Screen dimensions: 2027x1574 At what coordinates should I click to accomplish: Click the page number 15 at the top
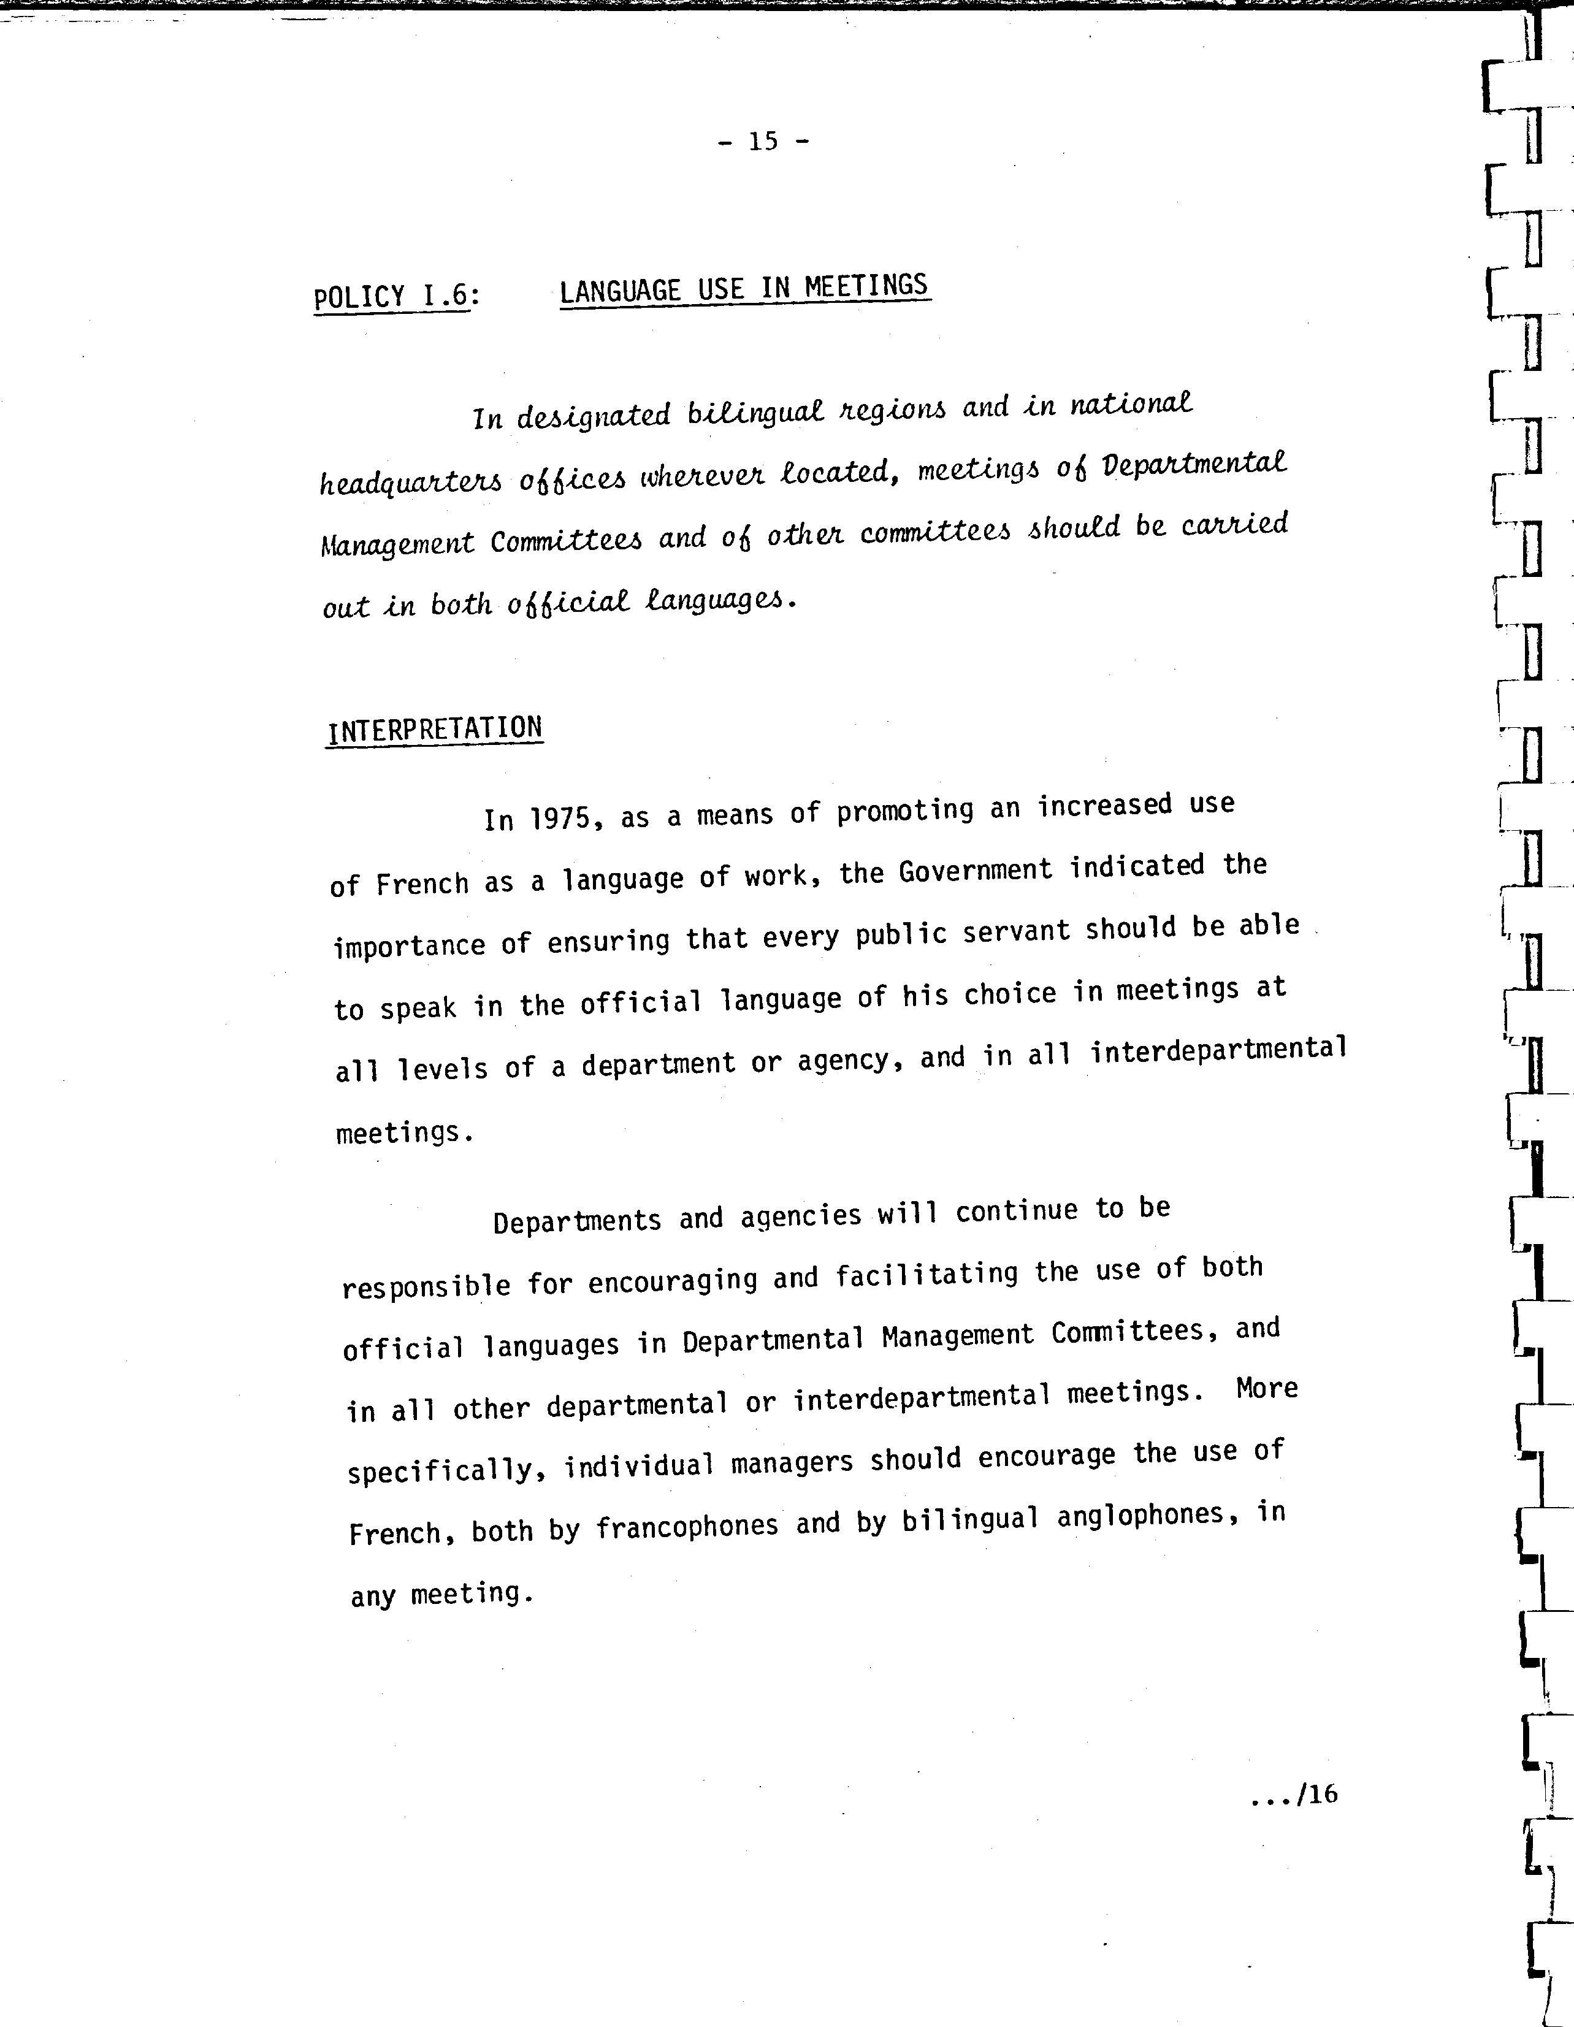pos(763,141)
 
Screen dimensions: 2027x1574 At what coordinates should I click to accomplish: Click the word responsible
pos(426,1286)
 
